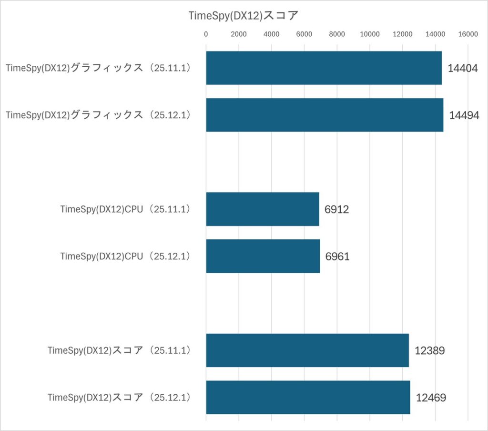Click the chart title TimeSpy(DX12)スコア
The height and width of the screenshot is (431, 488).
(x=244, y=15)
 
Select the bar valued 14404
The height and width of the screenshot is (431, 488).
(x=324, y=68)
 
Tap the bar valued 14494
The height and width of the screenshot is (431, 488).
(x=325, y=115)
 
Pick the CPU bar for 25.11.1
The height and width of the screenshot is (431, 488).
(x=262, y=209)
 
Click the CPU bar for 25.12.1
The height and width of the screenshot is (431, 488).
(x=263, y=256)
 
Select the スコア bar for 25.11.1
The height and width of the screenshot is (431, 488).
(x=307, y=350)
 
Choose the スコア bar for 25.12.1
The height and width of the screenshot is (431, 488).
(x=308, y=397)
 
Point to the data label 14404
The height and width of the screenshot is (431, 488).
(x=463, y=68)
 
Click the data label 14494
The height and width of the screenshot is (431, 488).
(x=464, y=115)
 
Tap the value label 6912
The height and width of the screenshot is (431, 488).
(x=336, y=209)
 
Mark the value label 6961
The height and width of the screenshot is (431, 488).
(x=337, y=257)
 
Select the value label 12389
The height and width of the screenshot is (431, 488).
(x=429, y=351)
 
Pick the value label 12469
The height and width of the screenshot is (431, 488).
(x=430, y=398)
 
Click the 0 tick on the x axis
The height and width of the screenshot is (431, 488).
(x=206, y=34)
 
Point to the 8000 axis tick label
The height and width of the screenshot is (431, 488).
(x=337, y=34)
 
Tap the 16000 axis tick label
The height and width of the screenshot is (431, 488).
(x=468, y=34)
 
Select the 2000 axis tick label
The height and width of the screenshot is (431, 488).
(x=238, y=34)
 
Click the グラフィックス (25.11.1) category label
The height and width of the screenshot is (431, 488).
(x=98, y=68)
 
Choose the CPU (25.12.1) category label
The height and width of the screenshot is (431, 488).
(x=125, y=256)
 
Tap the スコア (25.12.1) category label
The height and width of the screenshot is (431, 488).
(x=119, y=397)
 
